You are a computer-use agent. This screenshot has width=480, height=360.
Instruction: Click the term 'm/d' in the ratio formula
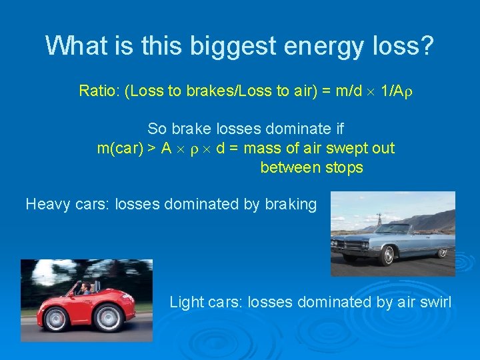coord(347,91)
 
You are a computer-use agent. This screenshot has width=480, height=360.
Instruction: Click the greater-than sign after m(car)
coord(152,148)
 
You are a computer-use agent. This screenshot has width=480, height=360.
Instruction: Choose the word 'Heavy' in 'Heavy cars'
coord(46,204)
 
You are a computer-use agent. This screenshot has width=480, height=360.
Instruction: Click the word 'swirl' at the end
coord(435,302)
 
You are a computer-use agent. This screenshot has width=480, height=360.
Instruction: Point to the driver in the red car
coord(85,289)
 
